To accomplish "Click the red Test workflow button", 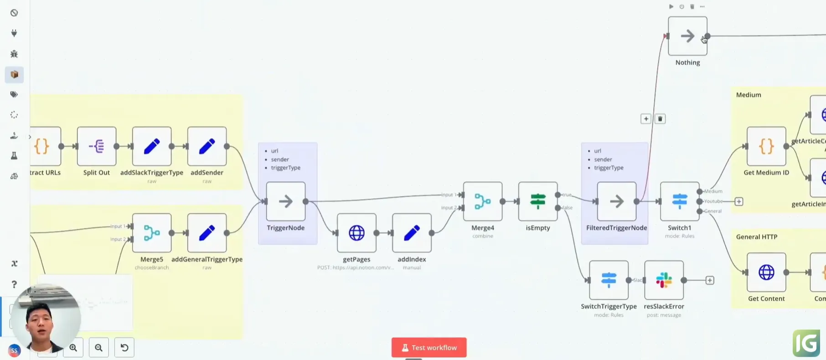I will tap(428, 348).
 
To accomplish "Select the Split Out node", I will tap(97, 146).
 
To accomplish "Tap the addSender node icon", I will tap(207, 146).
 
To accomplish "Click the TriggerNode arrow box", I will tap(286, 201).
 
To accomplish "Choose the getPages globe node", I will tap(356, 233).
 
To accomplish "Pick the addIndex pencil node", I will tap(412, 233).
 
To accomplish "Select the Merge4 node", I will tap(483, 201).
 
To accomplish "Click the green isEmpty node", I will tap(538, 201).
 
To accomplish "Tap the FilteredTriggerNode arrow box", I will tap(616, 201).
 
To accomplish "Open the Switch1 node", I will tap(679, 201).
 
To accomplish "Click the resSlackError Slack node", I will tap(664, 280).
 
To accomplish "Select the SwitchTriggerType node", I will tap(609, 280).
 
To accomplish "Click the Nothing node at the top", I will tap(687, 36).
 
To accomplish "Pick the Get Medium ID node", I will tap(766, 146).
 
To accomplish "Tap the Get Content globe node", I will tap(766, 273).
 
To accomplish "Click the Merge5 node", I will tap(152, 233).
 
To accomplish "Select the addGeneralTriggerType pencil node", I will tap(207, 233).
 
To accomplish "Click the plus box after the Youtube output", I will tap(739, 201).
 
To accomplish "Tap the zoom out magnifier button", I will tap(98, 348).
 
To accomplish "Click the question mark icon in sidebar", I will tap(14, 284).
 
